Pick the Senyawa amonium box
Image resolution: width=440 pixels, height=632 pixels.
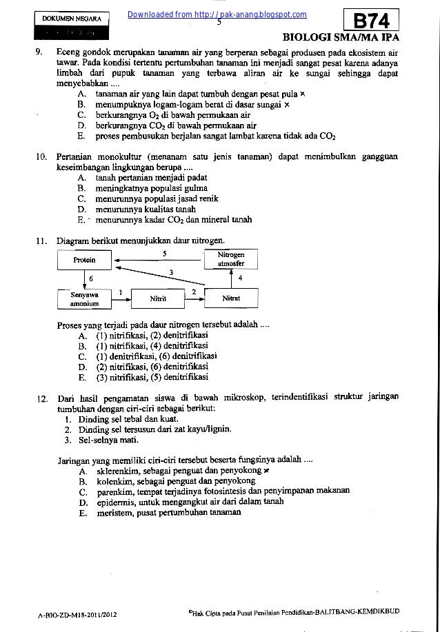(84, 298)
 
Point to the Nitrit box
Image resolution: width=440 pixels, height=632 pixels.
(159, 298)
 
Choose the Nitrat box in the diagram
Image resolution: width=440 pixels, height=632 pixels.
(231, 298)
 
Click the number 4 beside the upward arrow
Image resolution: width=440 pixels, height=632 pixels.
(239, 278)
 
